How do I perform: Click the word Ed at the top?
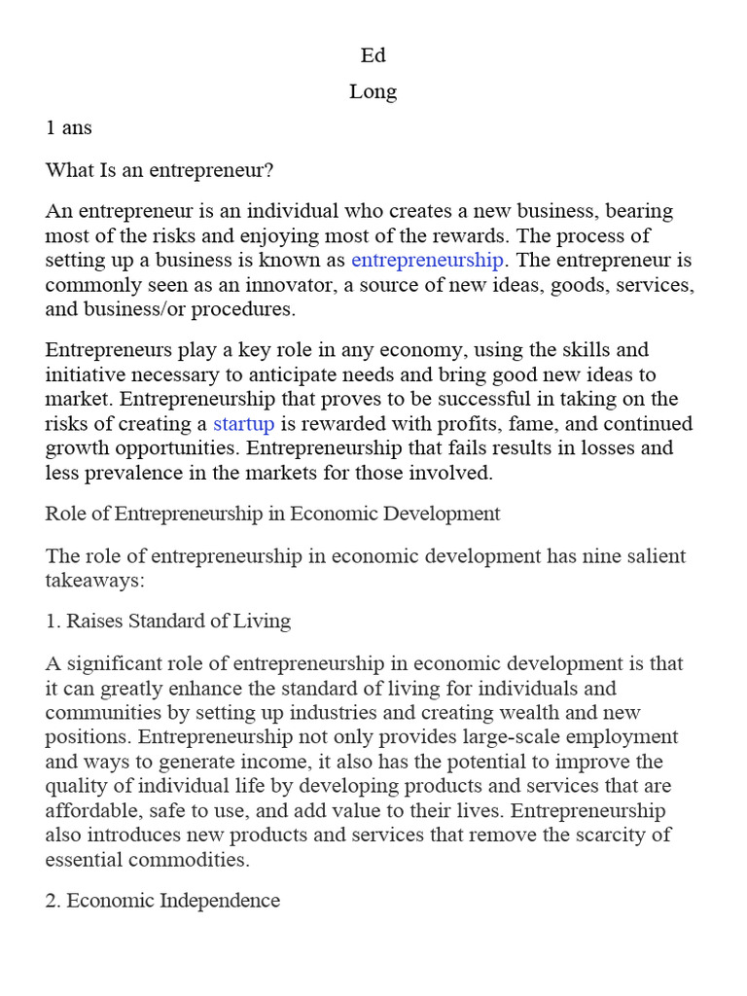pos(373,55)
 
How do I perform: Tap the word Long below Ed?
pos(373,92)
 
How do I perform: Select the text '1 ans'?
pos(68,127)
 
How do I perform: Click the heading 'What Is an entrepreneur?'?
pos(160,170)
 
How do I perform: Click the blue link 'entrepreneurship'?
pos(427,260)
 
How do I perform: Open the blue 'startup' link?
pos(243,423)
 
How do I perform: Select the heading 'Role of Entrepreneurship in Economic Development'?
pos(272,514)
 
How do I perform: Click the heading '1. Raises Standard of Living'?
pos(167,621)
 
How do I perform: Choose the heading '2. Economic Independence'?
pos(162,900)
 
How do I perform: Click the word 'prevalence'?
pos(134,473)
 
